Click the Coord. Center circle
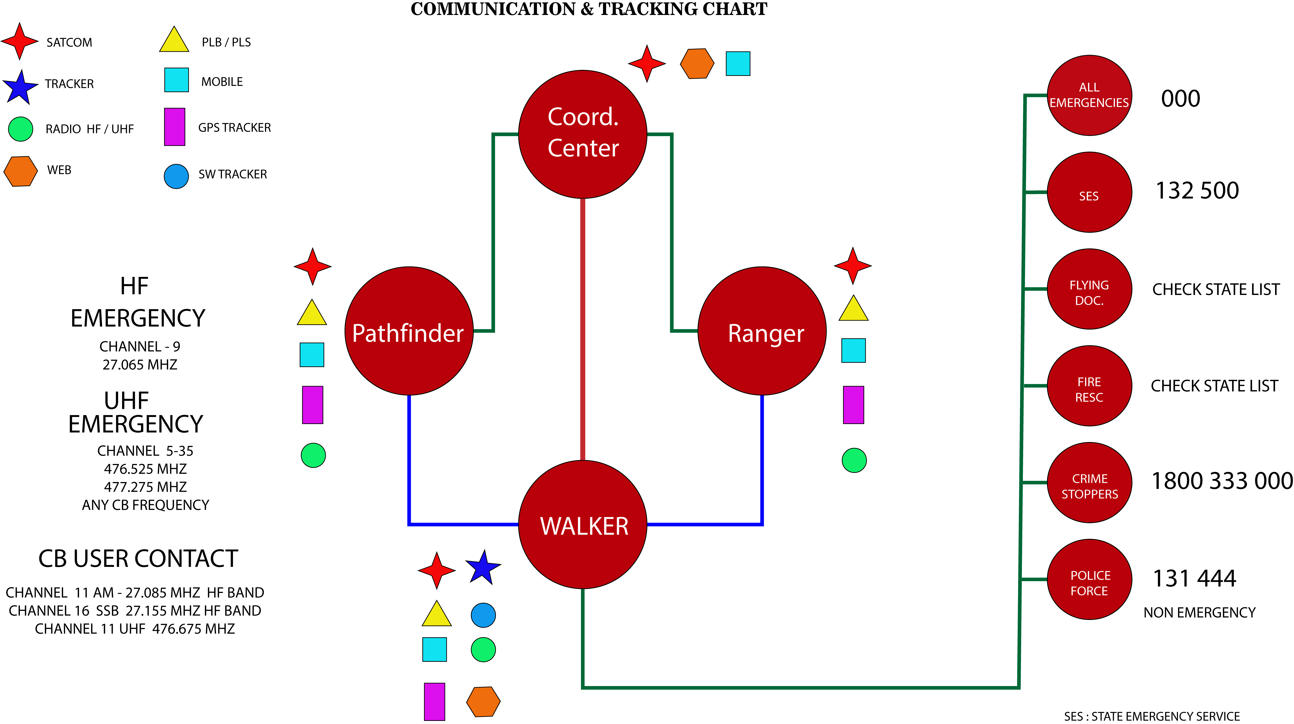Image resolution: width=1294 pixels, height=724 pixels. pos(583,134)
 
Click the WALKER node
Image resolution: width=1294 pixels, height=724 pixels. pos(583,525)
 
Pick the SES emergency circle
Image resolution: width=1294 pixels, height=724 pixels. pos(1089,192)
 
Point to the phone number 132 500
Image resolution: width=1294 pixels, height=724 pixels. pos(1197,191)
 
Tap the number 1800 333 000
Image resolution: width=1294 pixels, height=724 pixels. pos(1222,481)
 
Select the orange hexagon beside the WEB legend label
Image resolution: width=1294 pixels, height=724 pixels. pos(21,171)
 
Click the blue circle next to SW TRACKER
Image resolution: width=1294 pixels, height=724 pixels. pos(176,176)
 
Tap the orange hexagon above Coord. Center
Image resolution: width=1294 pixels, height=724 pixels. pos(697,64)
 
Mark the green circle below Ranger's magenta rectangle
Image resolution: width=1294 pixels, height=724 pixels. pos(854,460)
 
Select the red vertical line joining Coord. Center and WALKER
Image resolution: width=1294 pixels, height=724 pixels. pos(583,329)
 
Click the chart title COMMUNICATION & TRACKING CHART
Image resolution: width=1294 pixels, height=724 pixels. pos(589,9)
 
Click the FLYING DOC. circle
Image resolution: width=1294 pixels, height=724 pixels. pos(1089,289)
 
